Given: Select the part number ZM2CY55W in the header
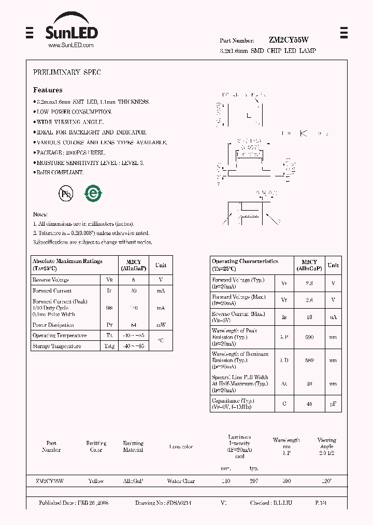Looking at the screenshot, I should pyautogui.click(x=289, y=40).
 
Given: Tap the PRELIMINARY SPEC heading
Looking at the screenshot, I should pyautogui.click(x=67, y=73).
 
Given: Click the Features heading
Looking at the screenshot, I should pyautogui.click(x=48, y=90).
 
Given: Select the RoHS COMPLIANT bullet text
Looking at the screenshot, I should pyautogui.click(x=59, y=172).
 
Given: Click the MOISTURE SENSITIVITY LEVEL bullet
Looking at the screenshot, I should pyautogui.click(x=89, y=162).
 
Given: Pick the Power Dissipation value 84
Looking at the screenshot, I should pyautogui.click(x=134, y=325).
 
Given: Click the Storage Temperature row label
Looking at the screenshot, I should pyautogui.click(x=56, y=346).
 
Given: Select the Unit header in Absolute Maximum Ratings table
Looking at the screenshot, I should pyautogui.click(x=161, y=265).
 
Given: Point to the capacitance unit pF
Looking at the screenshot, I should pyautogui.click(x=333, y=403).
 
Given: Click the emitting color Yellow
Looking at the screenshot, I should pyautogui.click(x=96, y=481).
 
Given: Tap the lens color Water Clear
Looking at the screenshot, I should pyautogui.click(x=181, y=481).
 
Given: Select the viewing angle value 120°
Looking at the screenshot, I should pyautogui.click(x=326, y=481).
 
